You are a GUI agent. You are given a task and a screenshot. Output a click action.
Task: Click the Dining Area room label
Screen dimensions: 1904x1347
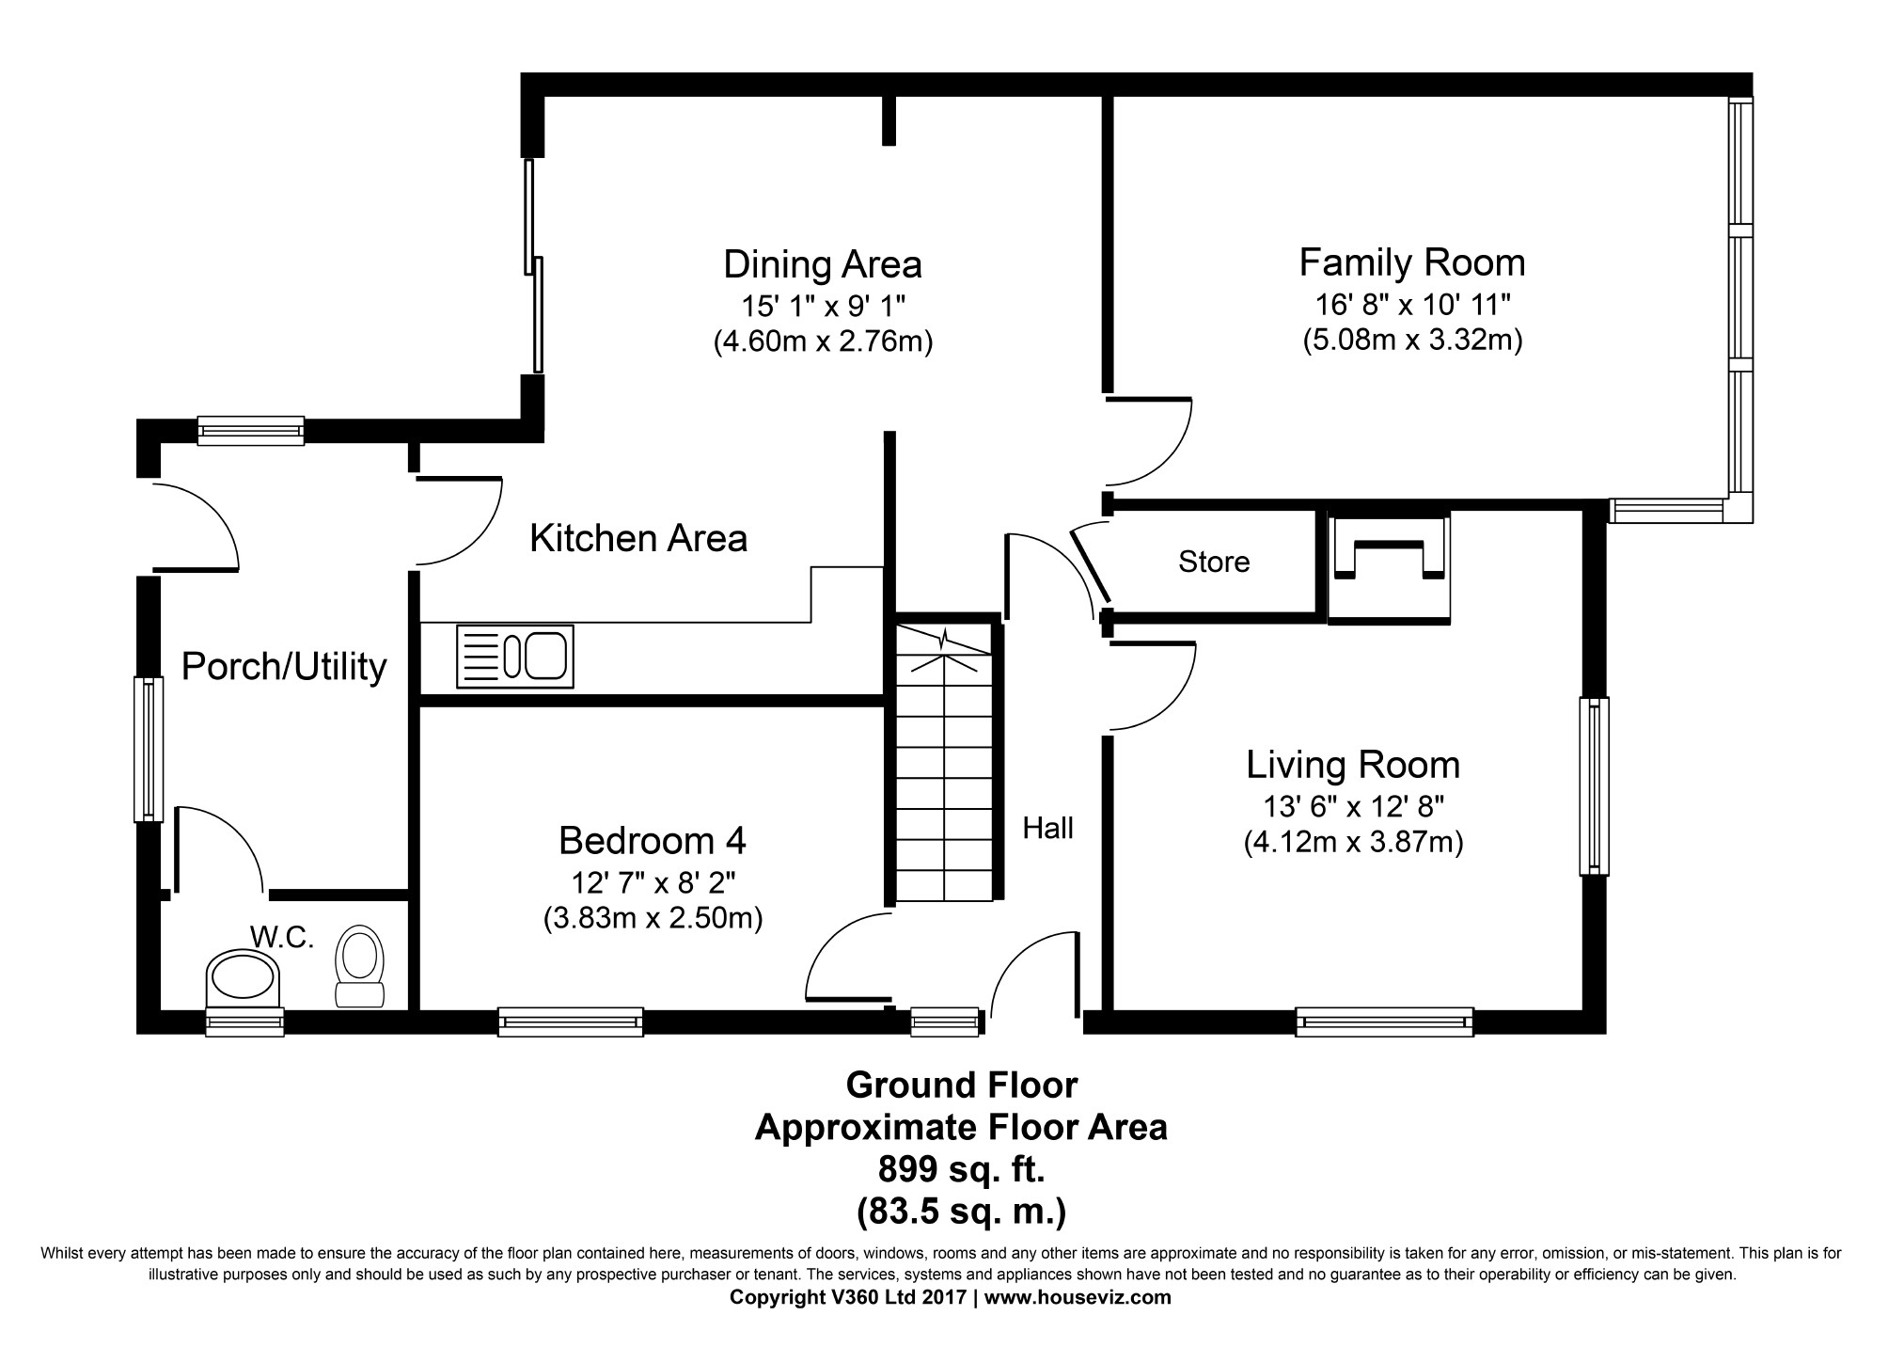coord(822,264)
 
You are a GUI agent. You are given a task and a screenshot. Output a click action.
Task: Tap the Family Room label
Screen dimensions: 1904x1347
coord(1411,262)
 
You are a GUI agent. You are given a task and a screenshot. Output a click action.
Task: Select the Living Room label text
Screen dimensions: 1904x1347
coord(1353,765)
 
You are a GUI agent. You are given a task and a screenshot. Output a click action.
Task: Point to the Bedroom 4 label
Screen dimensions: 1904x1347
coord(653,840)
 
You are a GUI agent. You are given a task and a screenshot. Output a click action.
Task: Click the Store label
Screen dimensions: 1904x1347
coord(1214,563)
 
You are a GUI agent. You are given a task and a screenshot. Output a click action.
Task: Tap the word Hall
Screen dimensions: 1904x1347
coord(1047,828)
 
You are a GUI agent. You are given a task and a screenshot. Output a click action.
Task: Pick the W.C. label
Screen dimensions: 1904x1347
coord(281,937)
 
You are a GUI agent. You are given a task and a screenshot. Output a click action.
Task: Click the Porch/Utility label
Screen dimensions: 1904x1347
coord(284,667)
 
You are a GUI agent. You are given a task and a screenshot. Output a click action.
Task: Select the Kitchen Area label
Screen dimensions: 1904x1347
coord(638,539)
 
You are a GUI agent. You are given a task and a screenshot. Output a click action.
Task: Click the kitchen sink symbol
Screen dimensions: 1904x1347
coord(514,656)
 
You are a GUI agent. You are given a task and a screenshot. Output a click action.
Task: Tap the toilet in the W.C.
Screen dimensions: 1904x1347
coord(360,968)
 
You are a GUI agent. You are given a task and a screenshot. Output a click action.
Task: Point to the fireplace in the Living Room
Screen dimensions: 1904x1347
coord(1389,568)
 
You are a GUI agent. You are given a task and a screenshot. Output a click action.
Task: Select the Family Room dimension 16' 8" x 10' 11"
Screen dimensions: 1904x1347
coord(1412,305)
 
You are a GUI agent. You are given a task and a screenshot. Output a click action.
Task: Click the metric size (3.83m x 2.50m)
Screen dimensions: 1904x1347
coord(653,918)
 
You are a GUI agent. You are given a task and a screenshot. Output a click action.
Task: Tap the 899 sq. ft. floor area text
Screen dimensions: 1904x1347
coord(961,1170)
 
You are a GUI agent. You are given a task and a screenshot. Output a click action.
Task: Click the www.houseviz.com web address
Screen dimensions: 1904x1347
coord(1078,1298)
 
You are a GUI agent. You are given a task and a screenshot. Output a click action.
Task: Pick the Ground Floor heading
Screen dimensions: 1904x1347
coord(962,1086)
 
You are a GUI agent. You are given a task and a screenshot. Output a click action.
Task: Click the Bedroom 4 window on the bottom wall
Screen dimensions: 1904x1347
coord(570,1022)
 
